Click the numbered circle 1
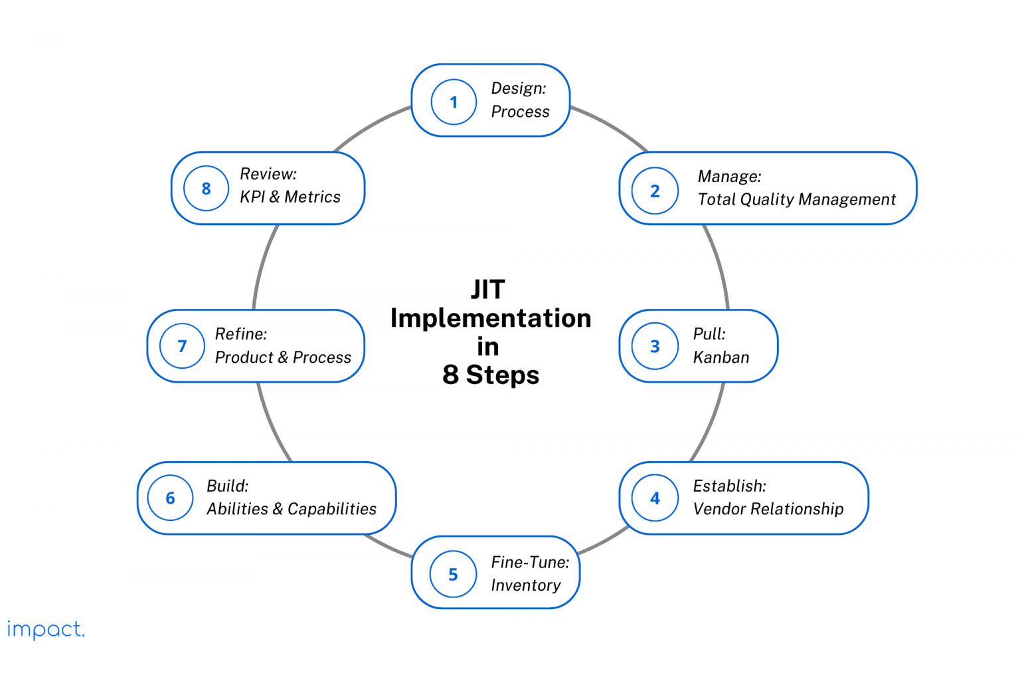pyautogui.click(x=454, y=102)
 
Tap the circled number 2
pyautogui.click(x=655, y=191)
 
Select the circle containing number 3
pyautogui.click(x=655, y=346)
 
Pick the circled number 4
pyautogui.click(x=655, y=498)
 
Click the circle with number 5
pyautogui.click(x=453, y=574)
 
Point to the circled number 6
pyautogui.click(x=170, y=498)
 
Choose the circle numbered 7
pyautogui.click(x=182, y=346)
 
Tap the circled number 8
pyautogui.click(x=206, y=188)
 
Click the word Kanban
pyautogui.click(x=721, y=357)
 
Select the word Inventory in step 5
pyautogui.click(x=525, y=585)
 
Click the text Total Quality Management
pyautogui.click(x=796, y=199)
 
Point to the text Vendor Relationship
pyautogui.click(x=768, y=509)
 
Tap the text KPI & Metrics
pyautogui.click(x=290, y=197)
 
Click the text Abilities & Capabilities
pyautogui.click(x=292, y=509)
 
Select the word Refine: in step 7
pyautogui.click(x=241, y=334)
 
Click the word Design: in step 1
pyautogui.click(x=519, y=88)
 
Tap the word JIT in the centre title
pyautogui.click(x=488, y=290)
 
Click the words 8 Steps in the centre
pyautogui.click(x=491, y=375)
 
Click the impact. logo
pyautogui.click(x=46, y=629)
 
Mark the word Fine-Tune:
pyautogui.click(x=530, y=562)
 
